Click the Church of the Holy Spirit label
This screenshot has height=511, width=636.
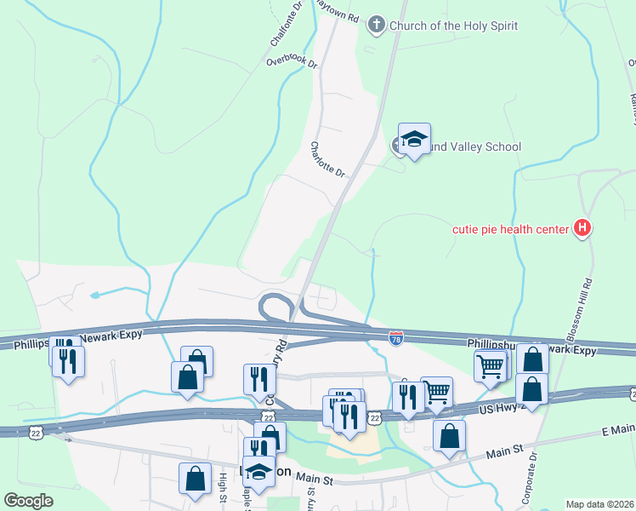pyautogui.click(x=453, y=26)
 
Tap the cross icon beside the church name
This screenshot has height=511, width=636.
pyautogui.click(x=377, y=26)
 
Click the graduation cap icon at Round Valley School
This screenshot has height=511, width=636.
pyautogui.click(x=414, y=139)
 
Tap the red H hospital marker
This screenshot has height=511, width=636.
pyautogui.click(x=582, y=228)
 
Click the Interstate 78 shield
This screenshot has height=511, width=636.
pyautogui.click(x=395, y=338)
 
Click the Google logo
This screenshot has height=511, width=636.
pyautogui.click(x=29, y=500)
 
